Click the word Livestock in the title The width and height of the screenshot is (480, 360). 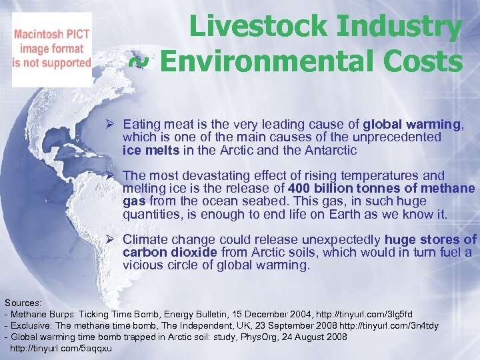[x=257, y=27]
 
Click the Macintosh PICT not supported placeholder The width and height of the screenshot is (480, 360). [x=52, y=49]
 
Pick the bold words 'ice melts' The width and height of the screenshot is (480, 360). [x=151, y=150]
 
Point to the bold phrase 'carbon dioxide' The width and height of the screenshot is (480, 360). [x=169, y=252]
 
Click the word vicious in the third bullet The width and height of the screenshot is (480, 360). [x=141, y=265]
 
